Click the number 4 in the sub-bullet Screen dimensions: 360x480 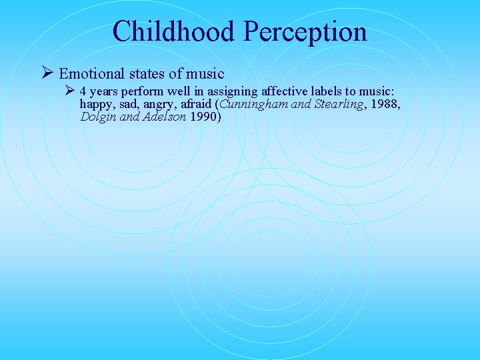tap(83, 91)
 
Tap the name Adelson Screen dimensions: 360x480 tap(165, 117)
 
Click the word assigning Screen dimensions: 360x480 tap(216, 91)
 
